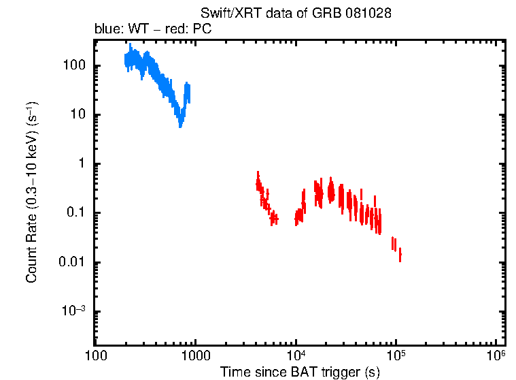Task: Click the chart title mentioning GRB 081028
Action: pyautogui.click(x=296, y=14)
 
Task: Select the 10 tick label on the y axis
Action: pyautogui.click(x=77, y=115)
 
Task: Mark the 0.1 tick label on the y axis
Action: pyautogui.click(x=75, y=213)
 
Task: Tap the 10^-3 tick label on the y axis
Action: pyautogui.click(x=73, y=311)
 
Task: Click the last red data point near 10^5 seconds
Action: pyautogui.click(x=400, y=255)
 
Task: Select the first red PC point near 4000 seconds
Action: pyautogui.click(x=257, y=183)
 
